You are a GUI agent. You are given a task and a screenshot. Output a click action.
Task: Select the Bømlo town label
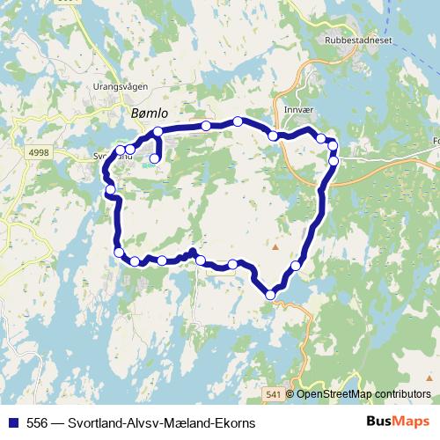(x=149, y=113)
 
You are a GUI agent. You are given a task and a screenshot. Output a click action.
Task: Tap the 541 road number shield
(x=273, y=393)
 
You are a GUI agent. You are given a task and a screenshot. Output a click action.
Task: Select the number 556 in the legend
(x=37, y=423)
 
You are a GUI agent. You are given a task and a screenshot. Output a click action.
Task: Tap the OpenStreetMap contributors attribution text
(x=363, y=393)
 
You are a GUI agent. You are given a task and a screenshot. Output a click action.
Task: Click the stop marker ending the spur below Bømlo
(x=155, y=159)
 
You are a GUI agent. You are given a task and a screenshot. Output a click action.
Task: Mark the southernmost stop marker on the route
(x=270, y=295)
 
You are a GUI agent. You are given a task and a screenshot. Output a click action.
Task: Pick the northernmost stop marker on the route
(x=238, y=121)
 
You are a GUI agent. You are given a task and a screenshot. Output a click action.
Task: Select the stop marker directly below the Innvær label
(x=274, y=136)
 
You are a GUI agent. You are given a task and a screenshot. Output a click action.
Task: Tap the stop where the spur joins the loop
(x=158, y=132)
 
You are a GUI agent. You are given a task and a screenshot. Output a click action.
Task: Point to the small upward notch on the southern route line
(x=192, y=252)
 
